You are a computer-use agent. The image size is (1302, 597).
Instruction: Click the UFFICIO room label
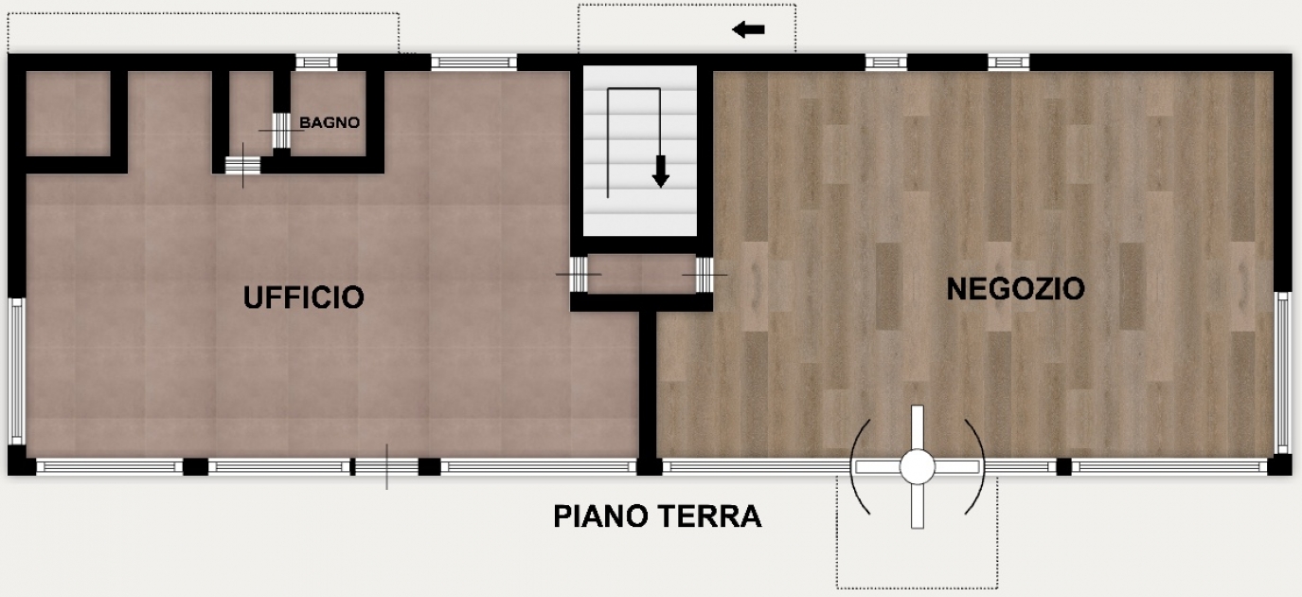click(x=303, y=298)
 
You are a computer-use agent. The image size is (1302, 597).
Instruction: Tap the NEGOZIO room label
click(x=1015, y=289)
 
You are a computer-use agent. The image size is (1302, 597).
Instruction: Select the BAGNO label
click(x=330, y=123)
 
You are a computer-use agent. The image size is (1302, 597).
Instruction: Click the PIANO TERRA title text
click(x=657, y=516)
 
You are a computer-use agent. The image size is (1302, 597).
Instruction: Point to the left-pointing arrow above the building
click(x=748, y=29)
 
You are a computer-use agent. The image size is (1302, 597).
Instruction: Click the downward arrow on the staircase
click(x=660, y=172)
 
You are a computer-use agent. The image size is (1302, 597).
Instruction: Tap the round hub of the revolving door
click(x=918, y=466)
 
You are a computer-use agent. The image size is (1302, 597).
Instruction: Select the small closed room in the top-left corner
click(x=68, y=114)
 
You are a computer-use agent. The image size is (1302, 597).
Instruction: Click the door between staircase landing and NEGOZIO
click(x=705, y=275)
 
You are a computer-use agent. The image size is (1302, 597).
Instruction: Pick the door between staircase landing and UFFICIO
click(x=579, y=274)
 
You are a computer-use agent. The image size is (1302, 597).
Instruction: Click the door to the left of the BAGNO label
click(x=281, y=131)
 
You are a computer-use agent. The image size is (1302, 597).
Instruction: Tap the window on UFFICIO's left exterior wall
click(x=17, y=371)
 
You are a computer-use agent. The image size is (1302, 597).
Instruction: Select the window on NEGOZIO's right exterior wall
click(x=1283, y=372)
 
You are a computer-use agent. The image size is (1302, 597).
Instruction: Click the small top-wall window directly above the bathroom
click(x=317, y=63)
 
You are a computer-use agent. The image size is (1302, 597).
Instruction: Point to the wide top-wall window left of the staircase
click(x=473, y=63)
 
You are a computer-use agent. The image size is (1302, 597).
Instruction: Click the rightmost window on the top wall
click(x=1008, y=63)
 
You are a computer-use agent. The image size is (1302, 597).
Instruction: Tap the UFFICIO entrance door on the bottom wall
click(x=386, y=466)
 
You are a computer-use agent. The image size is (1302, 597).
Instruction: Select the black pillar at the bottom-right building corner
click(x=1279, y=466)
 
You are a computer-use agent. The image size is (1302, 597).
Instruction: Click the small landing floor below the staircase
click(x=642, y=274)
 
